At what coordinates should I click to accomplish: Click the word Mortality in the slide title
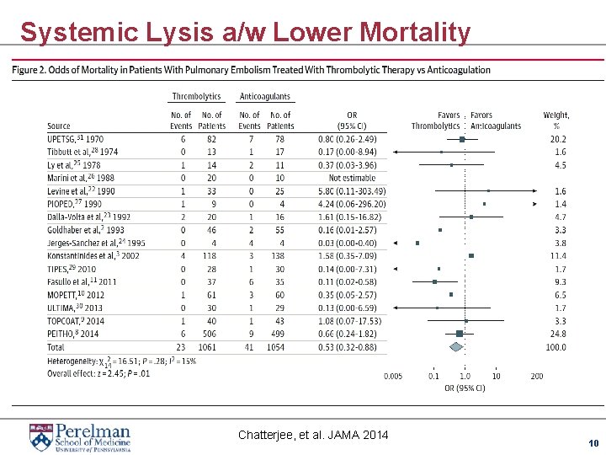click(414, 32)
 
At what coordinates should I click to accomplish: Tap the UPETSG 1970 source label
click(76, 138)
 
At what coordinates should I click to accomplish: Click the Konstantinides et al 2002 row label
click(93, 255)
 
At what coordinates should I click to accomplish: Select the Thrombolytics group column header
click(196, 97)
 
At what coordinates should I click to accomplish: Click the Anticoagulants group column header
click(265, 97)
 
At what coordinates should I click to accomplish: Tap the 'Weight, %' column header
click(556, 120)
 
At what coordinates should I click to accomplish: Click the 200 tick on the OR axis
click(537, 376)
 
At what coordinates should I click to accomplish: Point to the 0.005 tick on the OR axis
click(393, 376)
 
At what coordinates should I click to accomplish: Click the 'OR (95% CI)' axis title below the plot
click(465, 388)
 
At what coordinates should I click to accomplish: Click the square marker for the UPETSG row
click(462, 139)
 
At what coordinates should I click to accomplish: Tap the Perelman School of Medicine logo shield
click(40, 436)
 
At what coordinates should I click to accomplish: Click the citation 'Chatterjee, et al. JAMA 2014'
click(313, 435)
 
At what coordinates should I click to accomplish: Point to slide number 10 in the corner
click(593, 442)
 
